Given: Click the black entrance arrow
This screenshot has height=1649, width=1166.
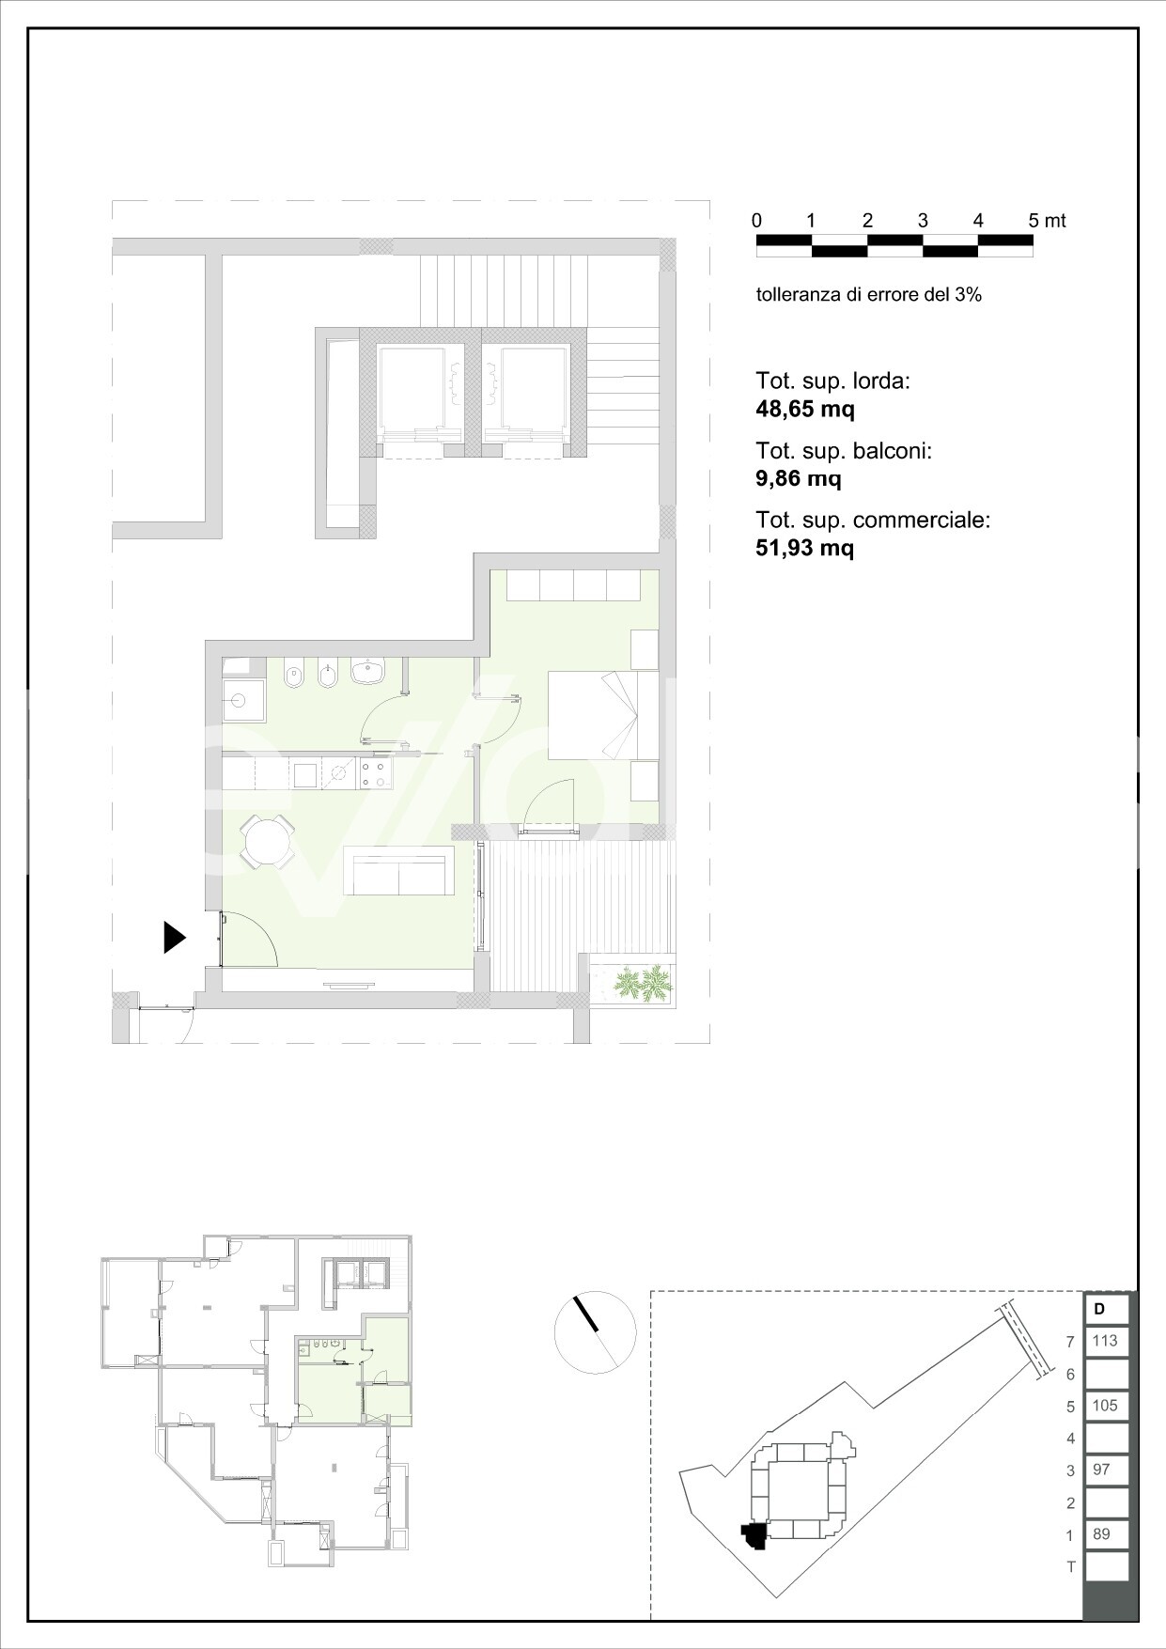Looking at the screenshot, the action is coord(175,937).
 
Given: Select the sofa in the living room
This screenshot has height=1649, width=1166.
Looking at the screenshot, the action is coord(398,871).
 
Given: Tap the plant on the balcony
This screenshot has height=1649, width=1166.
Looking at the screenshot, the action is coord(644,984).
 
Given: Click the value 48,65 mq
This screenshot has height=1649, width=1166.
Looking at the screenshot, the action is coord(805,409).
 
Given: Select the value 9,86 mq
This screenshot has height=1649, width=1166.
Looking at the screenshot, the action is coord(799,478).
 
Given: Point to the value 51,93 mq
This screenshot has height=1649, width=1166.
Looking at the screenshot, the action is coord(805,548).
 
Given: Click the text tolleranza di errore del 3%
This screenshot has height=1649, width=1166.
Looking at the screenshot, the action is coord(868,294).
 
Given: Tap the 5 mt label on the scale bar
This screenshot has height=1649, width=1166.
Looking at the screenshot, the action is coord(1047,221).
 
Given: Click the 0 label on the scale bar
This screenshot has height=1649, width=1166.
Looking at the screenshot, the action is coord(757,221).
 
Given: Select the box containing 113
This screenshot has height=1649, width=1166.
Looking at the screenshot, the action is coord(1106,1341).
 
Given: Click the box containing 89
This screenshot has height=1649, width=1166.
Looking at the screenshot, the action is coord(1106,1533).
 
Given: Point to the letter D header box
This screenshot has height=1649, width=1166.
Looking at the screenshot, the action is coord(1106,1308).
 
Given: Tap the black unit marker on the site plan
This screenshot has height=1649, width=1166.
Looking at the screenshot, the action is coord(754,1537).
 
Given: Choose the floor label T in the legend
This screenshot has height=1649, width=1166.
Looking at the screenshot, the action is coord(1070,1566).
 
